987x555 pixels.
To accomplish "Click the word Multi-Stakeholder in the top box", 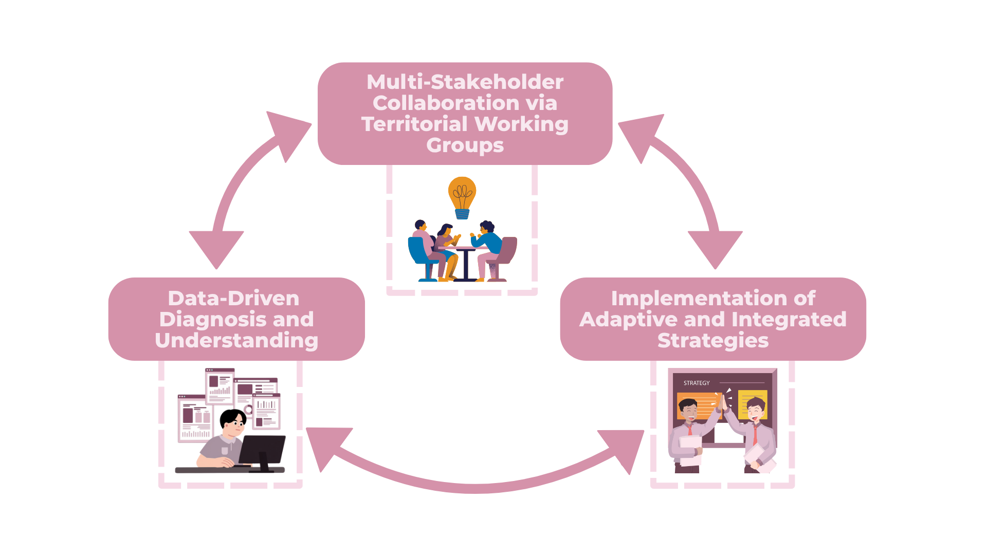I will click(x=465, y=82).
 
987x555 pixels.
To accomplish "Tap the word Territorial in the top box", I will click(x=414, y=124).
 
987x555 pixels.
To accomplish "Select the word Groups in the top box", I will click(x=465, y=145).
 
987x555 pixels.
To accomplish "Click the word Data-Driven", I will click(x=233, y=299).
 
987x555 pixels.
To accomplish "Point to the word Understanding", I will click(x=236, y=341).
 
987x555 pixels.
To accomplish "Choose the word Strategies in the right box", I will click(x=713, y=341).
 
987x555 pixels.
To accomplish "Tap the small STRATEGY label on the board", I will click(x=697, y=383).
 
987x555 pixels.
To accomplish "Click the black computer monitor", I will click(x=262, y=450).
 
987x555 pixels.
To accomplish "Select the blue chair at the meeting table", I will click(x=419, y=254).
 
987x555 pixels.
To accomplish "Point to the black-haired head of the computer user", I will click(x=233, y=419).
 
